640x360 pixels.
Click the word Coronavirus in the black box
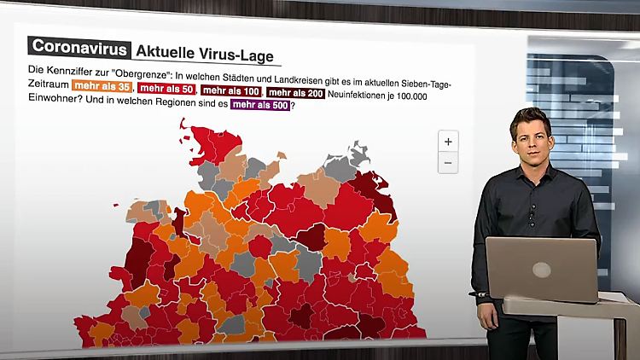tap(79, 48)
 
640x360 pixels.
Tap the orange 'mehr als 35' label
tap(101, 87)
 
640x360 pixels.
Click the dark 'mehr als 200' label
tap(295, 92)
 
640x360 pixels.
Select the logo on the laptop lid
tap(541, 270)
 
